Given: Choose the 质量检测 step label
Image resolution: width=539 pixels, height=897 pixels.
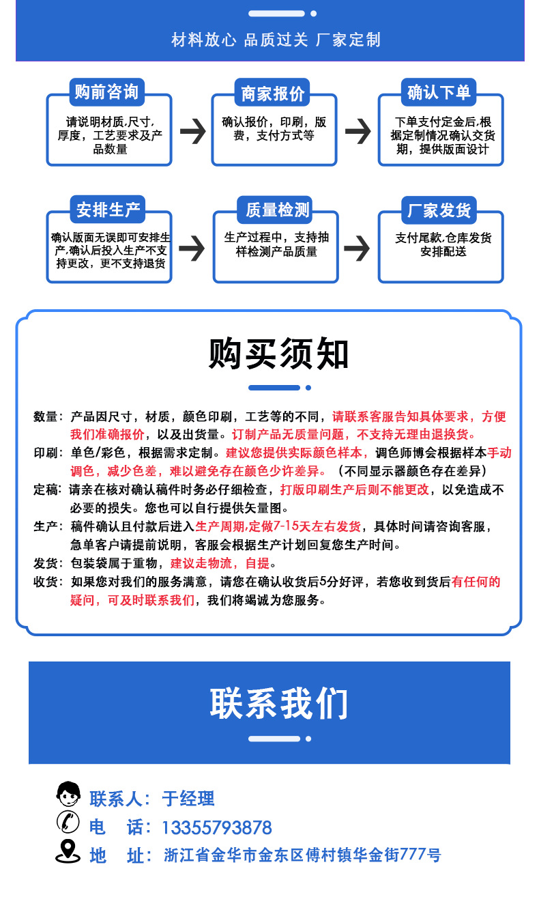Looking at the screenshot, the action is [x=276, y=210].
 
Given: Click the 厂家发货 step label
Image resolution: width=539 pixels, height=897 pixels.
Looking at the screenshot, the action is [x=439, y=210].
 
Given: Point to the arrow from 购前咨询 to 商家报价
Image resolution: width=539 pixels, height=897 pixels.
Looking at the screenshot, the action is [x=192, y=131].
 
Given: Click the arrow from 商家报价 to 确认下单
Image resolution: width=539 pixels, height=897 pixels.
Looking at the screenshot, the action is [x=358, y=131].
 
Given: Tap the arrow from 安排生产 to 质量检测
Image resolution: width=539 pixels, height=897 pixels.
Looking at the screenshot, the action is [x=192, y=248].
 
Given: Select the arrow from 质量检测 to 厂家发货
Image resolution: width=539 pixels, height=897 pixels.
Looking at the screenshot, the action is [x=358, y=248].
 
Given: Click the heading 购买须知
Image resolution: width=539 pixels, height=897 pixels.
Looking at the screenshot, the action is [x=279, y=354].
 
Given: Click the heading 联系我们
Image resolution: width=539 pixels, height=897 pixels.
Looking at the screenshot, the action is [x=279, y=703].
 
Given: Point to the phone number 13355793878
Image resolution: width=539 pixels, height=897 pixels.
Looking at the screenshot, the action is [x=217, y=828].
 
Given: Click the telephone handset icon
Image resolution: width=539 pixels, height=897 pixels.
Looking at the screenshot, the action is [x=68, y=823].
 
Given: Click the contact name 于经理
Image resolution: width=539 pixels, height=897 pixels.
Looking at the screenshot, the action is [x=188, y=798].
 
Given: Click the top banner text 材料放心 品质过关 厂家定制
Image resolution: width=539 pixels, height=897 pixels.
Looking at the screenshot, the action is [x=276, y=40].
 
